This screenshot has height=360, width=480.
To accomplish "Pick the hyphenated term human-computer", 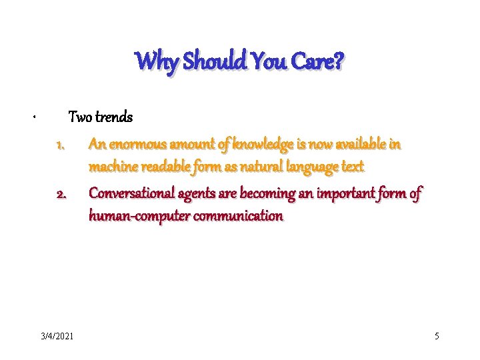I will [x=135, y=216].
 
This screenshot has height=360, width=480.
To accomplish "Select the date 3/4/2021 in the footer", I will [x=57, y=336].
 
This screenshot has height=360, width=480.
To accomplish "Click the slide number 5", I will [x=437, y=336].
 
